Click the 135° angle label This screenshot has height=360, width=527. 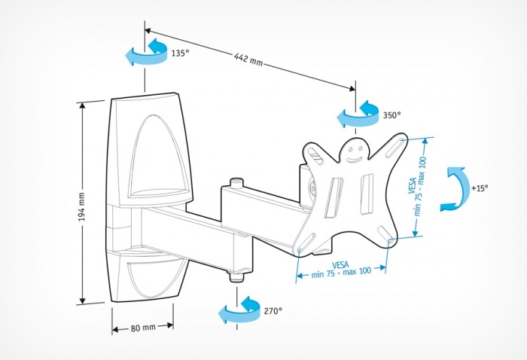tap(179, 54)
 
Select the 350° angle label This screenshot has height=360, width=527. tap(391, 115)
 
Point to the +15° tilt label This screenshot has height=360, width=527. tap(479, 187)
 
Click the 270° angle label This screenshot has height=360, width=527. tap(272, 310)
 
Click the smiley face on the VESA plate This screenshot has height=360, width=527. tap(355, 155)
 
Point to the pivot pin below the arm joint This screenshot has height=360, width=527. tap(236, 274)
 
